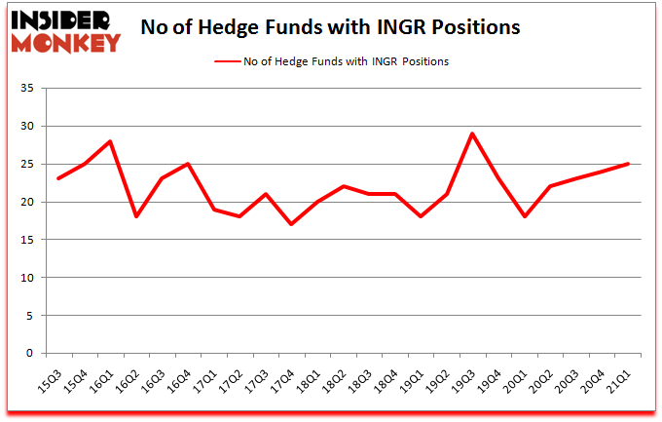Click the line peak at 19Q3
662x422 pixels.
[472, 134]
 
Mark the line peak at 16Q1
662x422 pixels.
[111, 141]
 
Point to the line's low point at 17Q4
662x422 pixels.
[291, 224]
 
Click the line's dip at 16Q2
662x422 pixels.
[136, 216]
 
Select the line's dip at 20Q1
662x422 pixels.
[525, 216]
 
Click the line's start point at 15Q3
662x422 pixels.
[58, 178]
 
